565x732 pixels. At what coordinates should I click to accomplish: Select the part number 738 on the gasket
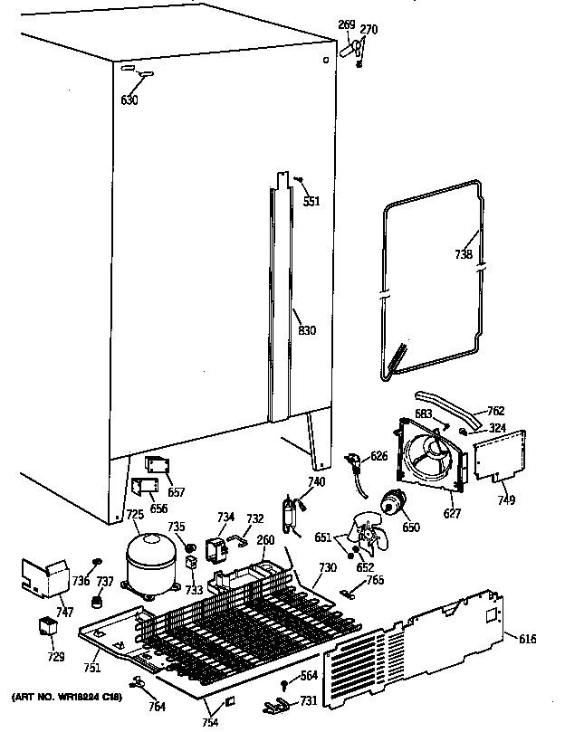click(x=463, y=255)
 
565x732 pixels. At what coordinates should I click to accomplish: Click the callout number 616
click(x=528, y=639)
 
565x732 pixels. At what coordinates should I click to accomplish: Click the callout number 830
click(x=307, y=330)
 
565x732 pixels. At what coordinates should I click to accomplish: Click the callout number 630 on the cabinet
click(x=129, y=100)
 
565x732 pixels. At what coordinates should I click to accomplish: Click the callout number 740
click(x=315, y=481)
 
